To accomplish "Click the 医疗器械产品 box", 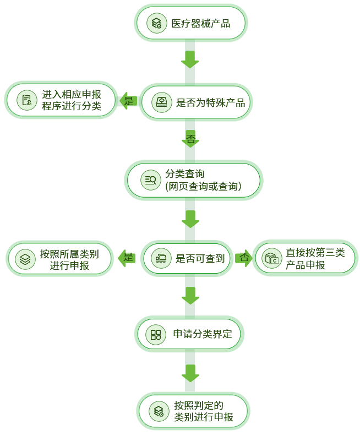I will pos(190,23).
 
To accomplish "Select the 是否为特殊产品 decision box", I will pos(195,102).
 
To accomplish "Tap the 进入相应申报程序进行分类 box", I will pos(61,100).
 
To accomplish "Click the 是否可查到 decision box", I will pos(185,258).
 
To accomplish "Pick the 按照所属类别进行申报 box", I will pos(60,259).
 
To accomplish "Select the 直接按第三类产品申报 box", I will pos(304,258).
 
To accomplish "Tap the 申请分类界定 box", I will pos(189,334).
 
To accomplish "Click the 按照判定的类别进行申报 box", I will pos(193,411).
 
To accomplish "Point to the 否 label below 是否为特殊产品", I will pos(190,139).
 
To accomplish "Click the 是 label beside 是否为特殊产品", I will pos(128,101).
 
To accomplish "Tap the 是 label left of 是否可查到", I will pos(128,257).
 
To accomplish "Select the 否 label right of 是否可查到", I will pos(243,257).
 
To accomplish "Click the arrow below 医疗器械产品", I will pos(190,59).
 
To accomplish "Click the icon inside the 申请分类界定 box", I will pos(156,335).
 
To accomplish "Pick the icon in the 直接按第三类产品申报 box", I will pos(271,258).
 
